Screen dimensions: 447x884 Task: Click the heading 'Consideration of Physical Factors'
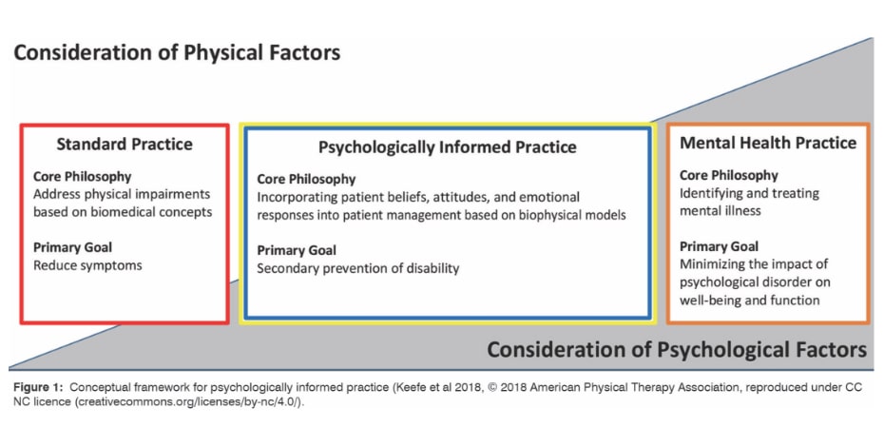coord(176,51)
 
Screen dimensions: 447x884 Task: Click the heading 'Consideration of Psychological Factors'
coord(676,349)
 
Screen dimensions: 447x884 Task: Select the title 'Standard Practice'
coord(125,145)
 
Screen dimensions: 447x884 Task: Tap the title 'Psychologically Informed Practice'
coord(447,147)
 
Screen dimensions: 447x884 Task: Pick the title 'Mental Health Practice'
coord(768,143)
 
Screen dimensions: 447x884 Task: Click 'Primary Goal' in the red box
coord(75,247)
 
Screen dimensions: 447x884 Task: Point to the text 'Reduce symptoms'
coord(87,265)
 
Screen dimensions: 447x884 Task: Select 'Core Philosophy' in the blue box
coord(306,179)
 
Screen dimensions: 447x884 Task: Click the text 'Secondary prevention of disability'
coord(358,268)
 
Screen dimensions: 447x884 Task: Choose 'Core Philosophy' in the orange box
coord(729,175)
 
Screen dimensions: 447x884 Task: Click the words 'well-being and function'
coord(750,301)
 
